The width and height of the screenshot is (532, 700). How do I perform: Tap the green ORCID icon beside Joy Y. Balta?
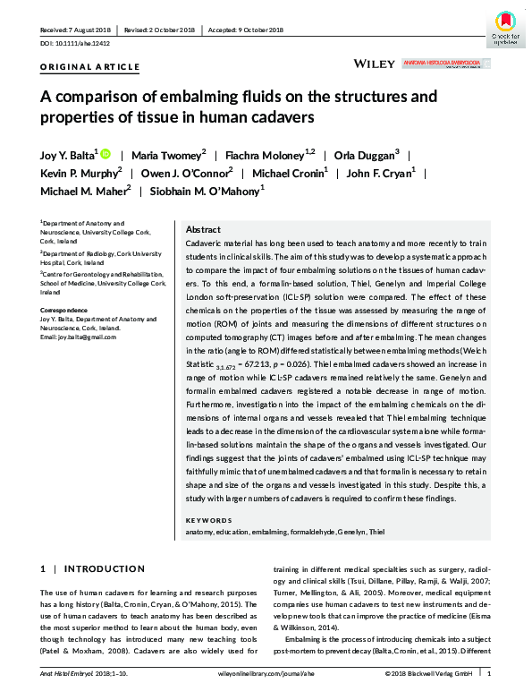[106, 153]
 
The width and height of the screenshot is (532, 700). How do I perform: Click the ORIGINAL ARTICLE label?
[89, 67]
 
